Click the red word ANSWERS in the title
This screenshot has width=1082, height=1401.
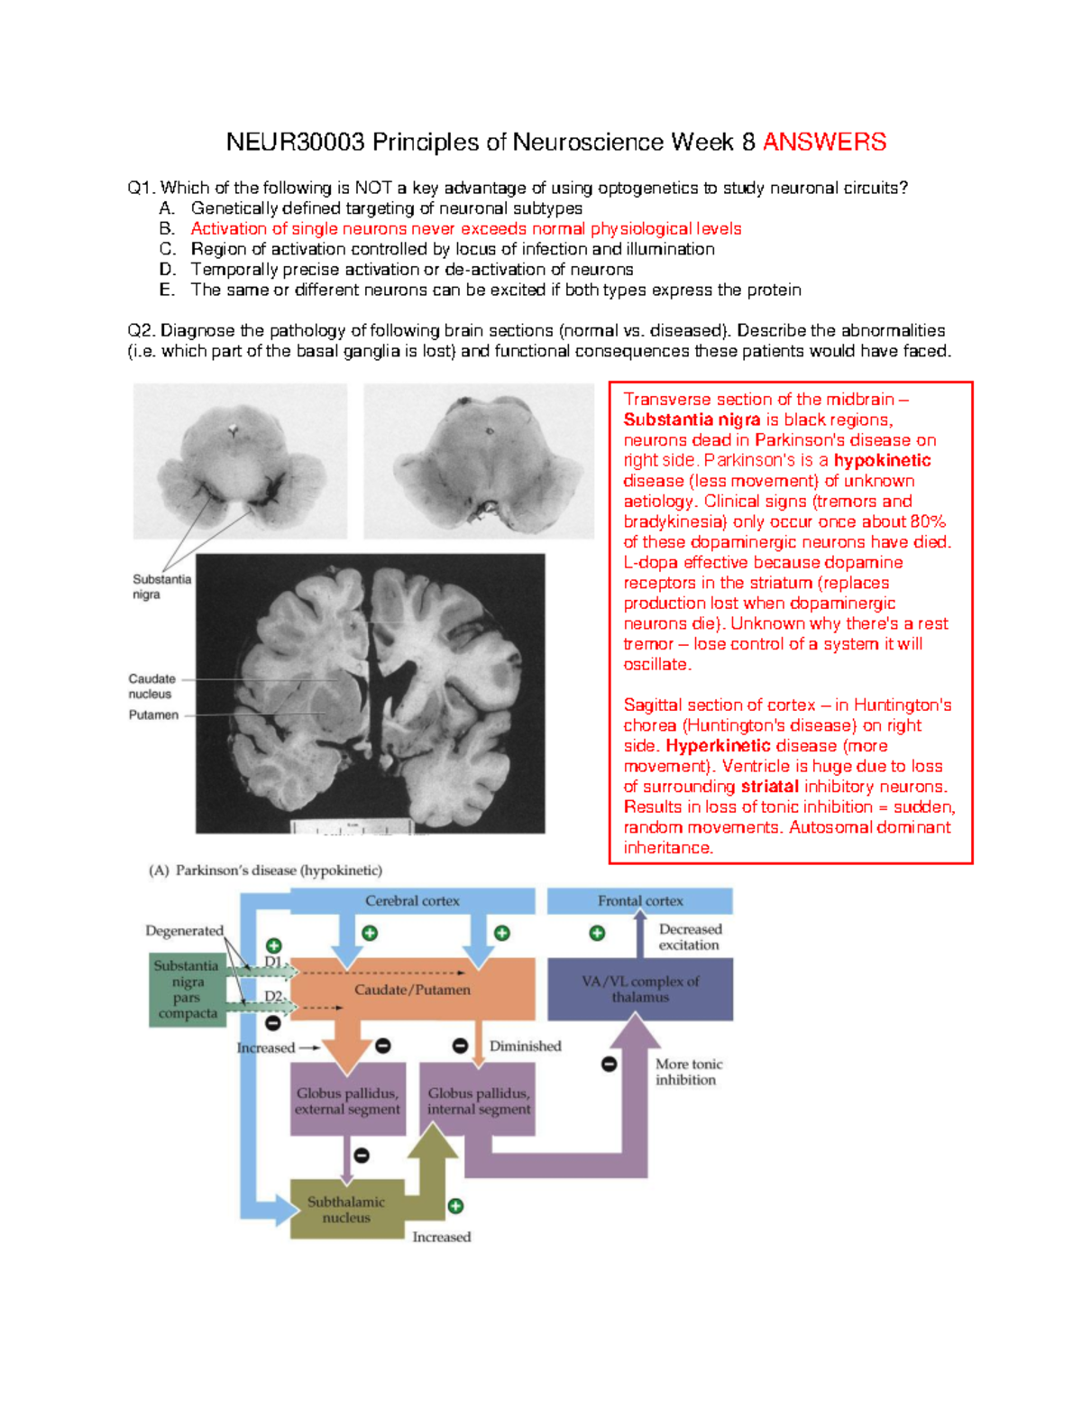tap(824, 142)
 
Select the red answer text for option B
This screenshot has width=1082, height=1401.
tap(465, 229)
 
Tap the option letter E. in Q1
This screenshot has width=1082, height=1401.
tap(167, 290)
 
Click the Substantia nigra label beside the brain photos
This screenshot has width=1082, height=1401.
tap(161, 586)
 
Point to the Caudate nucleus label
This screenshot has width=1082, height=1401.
tap(151, 687)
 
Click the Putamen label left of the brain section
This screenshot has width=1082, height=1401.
tap(153, 714)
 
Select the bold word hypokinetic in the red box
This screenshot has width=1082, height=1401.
tap(882, 460)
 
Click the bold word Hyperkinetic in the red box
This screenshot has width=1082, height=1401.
tap(718, 746)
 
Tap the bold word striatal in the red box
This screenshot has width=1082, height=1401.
tap(769, 787)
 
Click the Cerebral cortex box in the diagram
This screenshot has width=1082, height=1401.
tap(412, 900)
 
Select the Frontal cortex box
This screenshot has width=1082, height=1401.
tap(640, 900)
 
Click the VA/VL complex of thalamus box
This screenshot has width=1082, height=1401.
tap(640, 989)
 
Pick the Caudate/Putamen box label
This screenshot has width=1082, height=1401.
tap(412, 990)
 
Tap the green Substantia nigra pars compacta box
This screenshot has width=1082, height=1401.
tap(188, 990)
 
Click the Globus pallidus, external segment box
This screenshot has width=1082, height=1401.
tap(347, 1101)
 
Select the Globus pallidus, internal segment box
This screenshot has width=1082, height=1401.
tap(479, 1101)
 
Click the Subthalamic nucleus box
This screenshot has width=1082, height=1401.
tap(346, 1209)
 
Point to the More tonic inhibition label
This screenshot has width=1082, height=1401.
tap(688, 1072)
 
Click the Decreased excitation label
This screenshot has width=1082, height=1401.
tap(690, 936)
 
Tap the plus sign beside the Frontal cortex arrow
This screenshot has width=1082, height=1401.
tap(597, 933)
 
